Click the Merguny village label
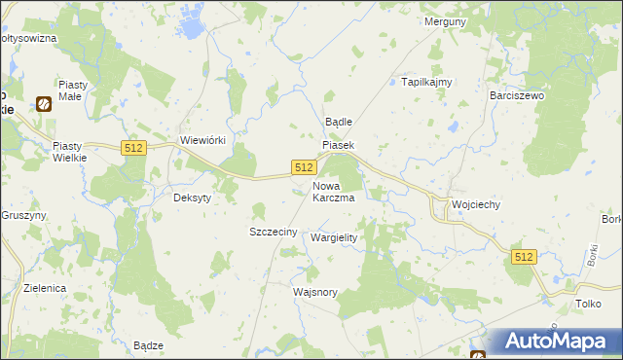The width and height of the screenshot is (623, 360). pyautogui.click(x=447, y=21)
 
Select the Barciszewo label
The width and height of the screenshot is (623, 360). pyautogui.click(x=517, y=96)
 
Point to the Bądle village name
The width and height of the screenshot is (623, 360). pyautogui.click(x=337, y=122)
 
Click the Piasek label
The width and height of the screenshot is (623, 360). pyautogui.click(x=339, y=145)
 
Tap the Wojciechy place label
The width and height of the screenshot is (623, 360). pyautogui.click(x=476, y=205)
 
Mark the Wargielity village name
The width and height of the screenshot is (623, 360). pyautogui.click(x=334, y=237)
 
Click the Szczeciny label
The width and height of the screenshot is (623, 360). pyautogui.click(x=274, y=232)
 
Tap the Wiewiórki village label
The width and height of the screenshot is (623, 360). pyautogui.click(x=203, y=140)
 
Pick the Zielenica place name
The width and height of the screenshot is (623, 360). pyautogui.click(x=46, y=289)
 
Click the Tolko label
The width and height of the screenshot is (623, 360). pyautogui.click(x=588, y=305)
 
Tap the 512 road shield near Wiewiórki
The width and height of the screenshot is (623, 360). pyautogui.click(x=134, y=147)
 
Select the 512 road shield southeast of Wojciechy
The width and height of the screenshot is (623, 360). pyautogui.click(x=524, y=256)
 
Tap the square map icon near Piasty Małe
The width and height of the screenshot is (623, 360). pyautogui.click(x=44, y=103)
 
